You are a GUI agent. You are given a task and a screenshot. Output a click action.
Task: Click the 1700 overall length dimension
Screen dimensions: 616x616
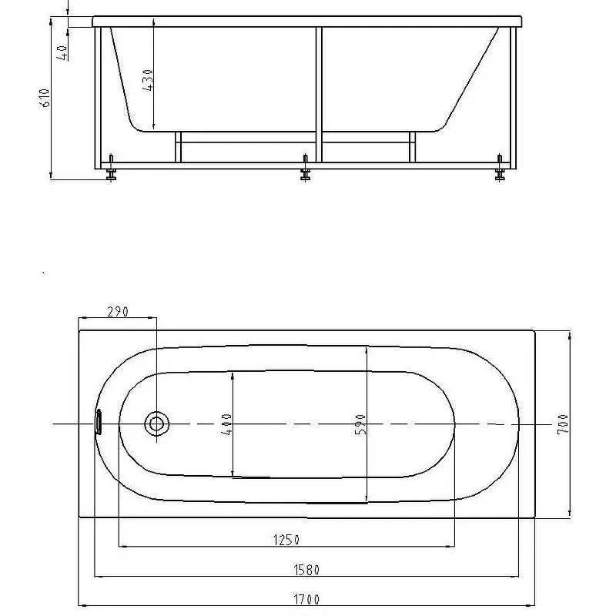(x=306, y=600)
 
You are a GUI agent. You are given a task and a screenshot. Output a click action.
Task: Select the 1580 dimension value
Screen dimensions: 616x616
(x=306, y=570)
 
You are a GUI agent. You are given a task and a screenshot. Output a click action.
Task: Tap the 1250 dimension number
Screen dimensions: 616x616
(x=286, y=541)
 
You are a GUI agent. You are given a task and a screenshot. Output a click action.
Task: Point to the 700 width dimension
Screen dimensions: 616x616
(x=564, y=424)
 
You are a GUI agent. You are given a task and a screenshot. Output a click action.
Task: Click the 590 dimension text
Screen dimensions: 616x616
(x=360, y=424)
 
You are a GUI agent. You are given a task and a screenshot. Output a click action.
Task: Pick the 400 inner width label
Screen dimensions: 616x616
(x=226, y=424)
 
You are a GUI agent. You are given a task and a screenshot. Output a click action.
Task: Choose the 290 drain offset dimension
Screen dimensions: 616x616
(x=118, y=312)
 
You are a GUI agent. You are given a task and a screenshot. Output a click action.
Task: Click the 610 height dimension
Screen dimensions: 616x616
(x=45, y=98)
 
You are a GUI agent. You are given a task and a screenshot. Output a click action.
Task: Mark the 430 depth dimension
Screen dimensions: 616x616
(x=148, y=81)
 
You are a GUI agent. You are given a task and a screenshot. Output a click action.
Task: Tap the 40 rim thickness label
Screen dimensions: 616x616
(x=62, y=53)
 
